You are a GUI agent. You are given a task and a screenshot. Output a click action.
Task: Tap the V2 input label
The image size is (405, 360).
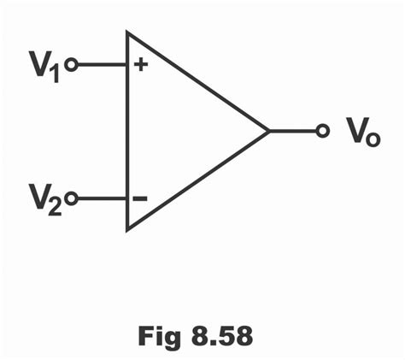tap(47, 200)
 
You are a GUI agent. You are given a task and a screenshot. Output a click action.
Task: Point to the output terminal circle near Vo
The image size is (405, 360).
tap(322, 131)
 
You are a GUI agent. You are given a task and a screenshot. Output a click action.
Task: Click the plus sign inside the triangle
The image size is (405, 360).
tap(139, 65)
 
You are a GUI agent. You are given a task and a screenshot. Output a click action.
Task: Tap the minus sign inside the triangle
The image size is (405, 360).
tap(139, 199)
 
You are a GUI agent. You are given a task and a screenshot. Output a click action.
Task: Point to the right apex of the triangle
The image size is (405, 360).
tap(269, 131)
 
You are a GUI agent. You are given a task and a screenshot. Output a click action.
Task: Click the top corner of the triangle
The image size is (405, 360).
tap(128, 33)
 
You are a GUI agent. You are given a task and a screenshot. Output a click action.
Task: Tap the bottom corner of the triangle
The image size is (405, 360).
tap(128, 229)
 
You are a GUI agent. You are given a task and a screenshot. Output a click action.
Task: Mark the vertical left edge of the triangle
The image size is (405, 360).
tap(127, 133)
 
